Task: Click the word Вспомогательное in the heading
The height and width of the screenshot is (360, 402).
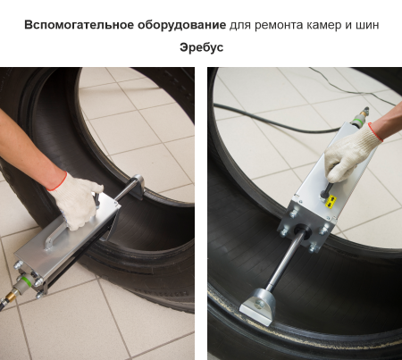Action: [x=79, y=25]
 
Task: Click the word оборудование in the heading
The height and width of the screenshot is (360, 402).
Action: [x=181, y=25]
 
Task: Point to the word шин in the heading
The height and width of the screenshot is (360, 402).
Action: [x=367, y=25]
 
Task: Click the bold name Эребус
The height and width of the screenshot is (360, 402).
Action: [x=201, y=47]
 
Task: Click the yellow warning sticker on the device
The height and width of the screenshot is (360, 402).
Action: [x=330, y=201]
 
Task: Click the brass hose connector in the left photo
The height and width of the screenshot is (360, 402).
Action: [x=12, y=295]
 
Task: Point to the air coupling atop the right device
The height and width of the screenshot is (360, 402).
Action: [x=360, y=117]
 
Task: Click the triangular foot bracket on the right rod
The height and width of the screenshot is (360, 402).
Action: [x=258, y=306]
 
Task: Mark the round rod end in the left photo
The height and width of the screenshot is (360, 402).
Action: [x=138, y=181]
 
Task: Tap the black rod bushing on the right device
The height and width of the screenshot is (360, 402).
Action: [x=302, y=230]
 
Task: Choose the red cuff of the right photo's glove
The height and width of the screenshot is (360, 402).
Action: [x=375, y=131]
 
